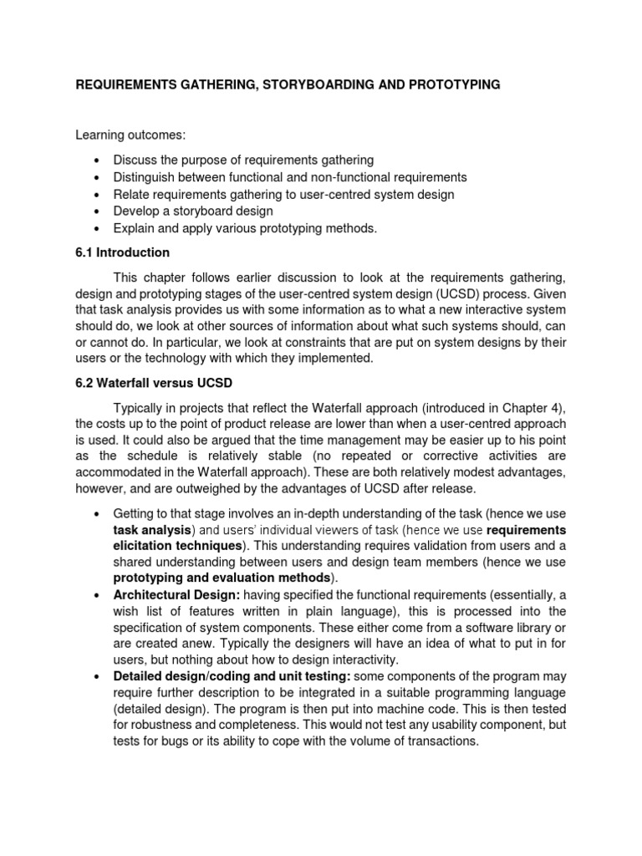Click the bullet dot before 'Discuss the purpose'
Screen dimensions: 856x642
point(98,160)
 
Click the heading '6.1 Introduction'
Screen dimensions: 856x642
point(123,252)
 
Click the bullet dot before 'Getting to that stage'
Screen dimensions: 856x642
point(98,512)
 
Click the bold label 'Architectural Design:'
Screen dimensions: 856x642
point(176,595)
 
